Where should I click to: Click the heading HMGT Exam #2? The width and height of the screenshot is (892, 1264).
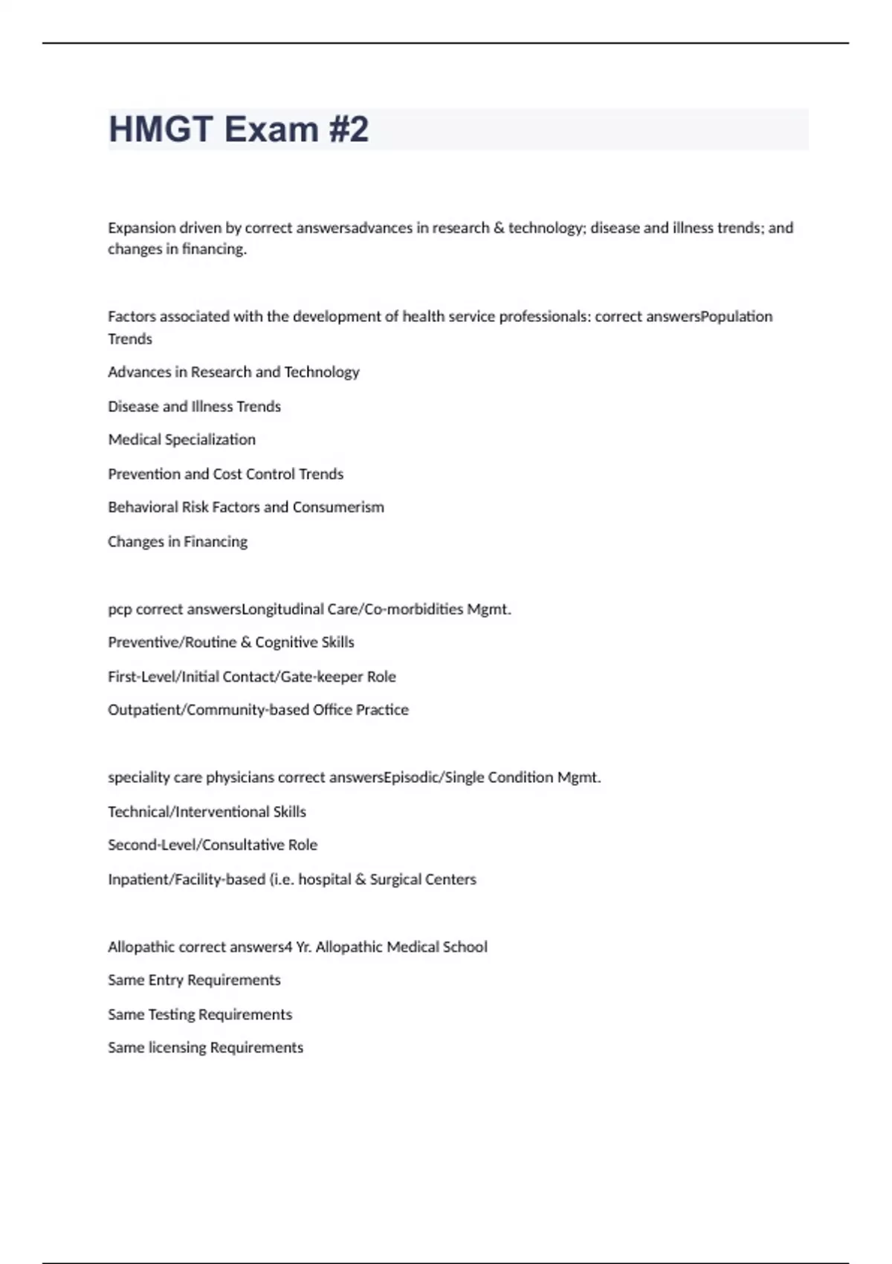pos(239,129)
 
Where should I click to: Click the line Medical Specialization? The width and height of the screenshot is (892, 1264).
pos(181,440)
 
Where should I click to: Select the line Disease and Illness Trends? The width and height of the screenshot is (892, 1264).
pos(194,407)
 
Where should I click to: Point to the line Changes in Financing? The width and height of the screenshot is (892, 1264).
pos(178,542)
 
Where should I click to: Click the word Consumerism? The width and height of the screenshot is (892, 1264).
pos(338,508)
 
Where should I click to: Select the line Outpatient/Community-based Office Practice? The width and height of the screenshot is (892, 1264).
pos(258,710)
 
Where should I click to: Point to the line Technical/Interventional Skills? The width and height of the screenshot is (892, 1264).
pos(207,812)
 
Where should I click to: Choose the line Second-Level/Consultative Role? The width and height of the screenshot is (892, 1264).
pos(213,845)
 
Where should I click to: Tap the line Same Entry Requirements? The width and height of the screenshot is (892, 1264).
pos(194,981)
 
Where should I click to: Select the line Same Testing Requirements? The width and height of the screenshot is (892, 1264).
pos(200,1015)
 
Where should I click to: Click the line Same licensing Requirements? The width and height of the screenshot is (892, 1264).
pos(205,1048)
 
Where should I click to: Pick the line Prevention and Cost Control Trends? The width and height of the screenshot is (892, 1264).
pos(225,474)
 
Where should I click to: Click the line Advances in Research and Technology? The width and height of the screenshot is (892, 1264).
pos(233,373)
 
